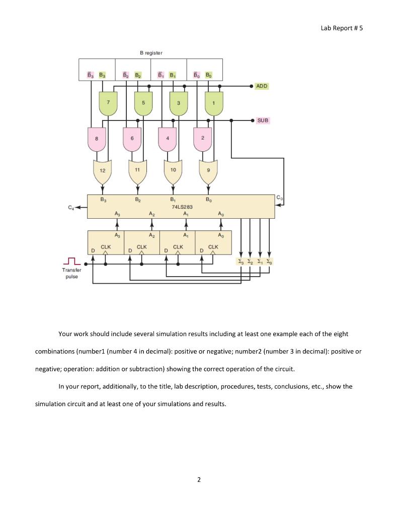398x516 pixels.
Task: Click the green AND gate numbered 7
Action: pos(108,103)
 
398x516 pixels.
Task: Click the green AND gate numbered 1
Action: pos(214,103)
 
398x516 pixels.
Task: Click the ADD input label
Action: pos(262,86)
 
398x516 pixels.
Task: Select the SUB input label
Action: pos(263,120)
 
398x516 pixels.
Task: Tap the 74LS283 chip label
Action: pos(182,207)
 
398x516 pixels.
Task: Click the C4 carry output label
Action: pos(70,208)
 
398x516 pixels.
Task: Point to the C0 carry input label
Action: pos(279,198)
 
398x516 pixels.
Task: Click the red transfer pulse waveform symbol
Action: pos(71,261)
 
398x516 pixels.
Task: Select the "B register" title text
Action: pos(151,52)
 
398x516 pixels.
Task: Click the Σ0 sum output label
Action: pos(269,262)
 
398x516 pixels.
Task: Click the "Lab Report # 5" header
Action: pos(342,28)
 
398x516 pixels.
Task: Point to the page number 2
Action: pos(199,480)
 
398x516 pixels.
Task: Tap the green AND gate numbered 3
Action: pos(179,103)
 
